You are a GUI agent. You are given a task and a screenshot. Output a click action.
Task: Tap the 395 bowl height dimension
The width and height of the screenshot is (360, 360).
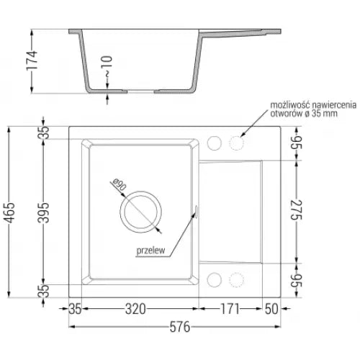[x=45, y=213]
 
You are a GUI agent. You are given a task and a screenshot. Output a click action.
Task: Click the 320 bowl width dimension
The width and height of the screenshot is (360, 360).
[x=136, y=310]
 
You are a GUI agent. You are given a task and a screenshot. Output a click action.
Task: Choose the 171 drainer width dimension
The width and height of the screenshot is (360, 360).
[x=230, y=310]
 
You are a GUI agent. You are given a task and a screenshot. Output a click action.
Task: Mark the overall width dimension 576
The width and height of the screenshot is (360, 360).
[x=171, y=328]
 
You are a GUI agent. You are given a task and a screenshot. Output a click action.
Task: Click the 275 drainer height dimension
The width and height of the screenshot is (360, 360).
[x=295, y=213]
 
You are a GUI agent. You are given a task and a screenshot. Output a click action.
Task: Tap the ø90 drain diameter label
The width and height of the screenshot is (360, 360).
[x=118, y=188]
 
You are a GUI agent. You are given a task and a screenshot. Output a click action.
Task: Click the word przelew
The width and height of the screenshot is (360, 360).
[x=150, y=251]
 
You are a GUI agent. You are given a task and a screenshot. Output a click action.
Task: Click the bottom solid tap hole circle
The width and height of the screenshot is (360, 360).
[x=214, y=280]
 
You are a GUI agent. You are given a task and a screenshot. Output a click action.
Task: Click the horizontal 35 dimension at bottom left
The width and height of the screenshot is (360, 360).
[x=76, y=310]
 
